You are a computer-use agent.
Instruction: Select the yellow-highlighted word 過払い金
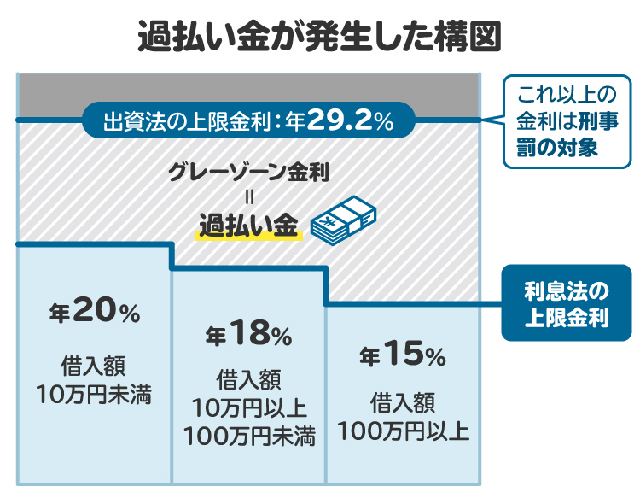(248, 224)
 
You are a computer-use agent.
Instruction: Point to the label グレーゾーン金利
(249, 171)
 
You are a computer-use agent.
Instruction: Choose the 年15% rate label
(402, 355)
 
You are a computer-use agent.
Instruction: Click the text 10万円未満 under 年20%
(94, 395)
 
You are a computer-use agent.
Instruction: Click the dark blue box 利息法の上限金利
(566, 302)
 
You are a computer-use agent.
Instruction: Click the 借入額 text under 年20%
(94, 366)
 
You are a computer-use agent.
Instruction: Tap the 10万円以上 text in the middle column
(249, 407)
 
